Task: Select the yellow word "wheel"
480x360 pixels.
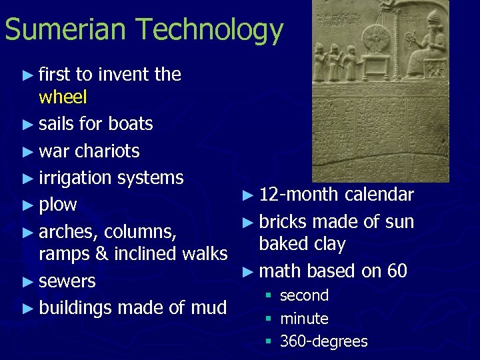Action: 63,97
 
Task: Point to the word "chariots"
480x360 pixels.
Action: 107,151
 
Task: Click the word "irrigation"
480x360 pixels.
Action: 75,178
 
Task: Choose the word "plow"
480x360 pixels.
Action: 58,205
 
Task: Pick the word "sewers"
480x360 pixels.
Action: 67,281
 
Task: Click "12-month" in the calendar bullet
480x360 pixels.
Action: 298,195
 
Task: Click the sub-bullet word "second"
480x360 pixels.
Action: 305,295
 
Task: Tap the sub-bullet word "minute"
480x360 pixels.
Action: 304,319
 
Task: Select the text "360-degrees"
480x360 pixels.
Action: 324,341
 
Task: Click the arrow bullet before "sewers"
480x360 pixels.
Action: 27,281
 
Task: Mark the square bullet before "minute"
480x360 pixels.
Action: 268,319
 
